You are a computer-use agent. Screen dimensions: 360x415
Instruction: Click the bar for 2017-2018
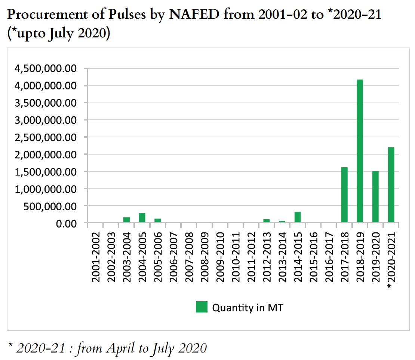[344, 195]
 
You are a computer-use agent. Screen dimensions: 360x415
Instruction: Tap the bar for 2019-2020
[375, 197]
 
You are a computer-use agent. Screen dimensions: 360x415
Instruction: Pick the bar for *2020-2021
[391, 185]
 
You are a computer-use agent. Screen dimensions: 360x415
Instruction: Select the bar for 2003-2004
[126, 220]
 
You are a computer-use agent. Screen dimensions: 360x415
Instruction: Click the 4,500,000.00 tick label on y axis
[45, 68]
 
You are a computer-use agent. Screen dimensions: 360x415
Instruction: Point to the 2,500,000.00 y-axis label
[45, 137]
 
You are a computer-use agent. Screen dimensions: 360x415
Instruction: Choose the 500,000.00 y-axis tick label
[50, 206]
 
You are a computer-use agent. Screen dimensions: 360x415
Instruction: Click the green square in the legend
[202, 307]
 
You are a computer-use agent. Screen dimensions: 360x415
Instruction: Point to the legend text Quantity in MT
[248, 308]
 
